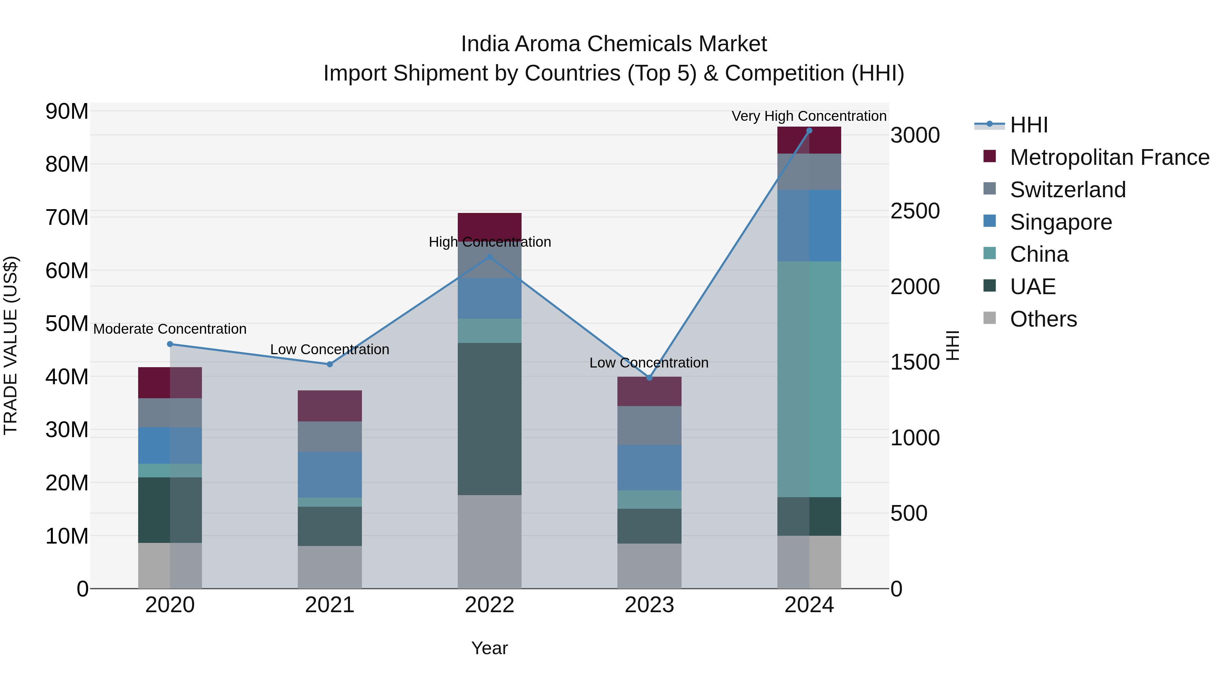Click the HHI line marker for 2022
click(x=489, y=257)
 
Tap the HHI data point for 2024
click(x=809, y=131)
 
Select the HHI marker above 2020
click(x=170, y=344)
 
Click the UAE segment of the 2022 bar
click(x=489, y=419)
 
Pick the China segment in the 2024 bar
click(x=809, y=379)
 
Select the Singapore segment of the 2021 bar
click(x=330, y=475)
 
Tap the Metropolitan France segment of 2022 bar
click(x=489, y=224)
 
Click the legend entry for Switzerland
click(x=1067, y=190)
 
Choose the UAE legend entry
click(x=1033, y=287)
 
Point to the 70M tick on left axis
click(x=67, y=217)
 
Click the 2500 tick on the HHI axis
click(x=915, y=211)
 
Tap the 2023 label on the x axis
click(x=649, y=605)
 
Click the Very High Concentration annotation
click(x=809, y=116)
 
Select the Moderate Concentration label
click(x=170, y=329)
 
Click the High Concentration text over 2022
click(x=489, y=242)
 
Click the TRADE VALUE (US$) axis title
click(x=11, y=345)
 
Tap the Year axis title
click(x=489, y=648)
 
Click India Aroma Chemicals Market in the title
click(x=614, y=44)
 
